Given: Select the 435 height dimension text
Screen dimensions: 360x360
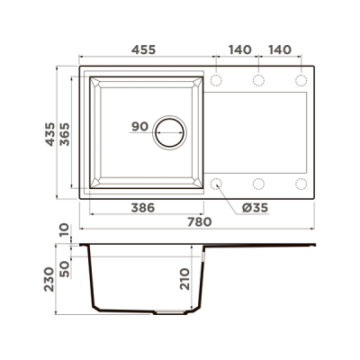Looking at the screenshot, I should coord(62,134).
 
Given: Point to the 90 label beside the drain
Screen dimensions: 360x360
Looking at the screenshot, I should coord(139,126).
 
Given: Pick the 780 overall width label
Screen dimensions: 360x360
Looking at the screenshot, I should coord(199,221).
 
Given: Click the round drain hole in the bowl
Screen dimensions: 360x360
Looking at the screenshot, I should coord(169,132).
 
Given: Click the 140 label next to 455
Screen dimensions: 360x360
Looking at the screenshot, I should coord(238,50).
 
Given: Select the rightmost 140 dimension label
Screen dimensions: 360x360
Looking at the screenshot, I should coord(281,50).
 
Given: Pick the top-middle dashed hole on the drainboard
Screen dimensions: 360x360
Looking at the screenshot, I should coord(258,81).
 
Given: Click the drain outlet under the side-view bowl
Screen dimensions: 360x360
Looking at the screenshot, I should coord(168,311).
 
